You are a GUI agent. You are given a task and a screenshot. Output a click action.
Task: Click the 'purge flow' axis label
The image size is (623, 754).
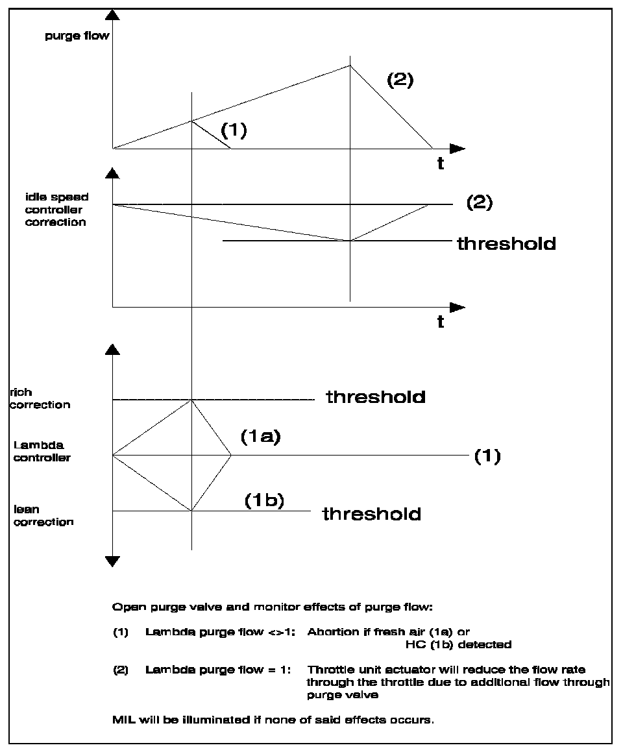tap(77, 36)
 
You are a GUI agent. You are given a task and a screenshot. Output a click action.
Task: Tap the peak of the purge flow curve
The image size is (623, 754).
tap(350, 65)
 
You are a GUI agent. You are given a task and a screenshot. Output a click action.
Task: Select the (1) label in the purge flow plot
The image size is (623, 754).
tap(234, 130)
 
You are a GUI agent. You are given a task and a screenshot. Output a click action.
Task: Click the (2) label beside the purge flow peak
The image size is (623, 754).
tap(400, 80)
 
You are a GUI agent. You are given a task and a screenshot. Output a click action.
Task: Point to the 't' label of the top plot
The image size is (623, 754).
tap(441, 164)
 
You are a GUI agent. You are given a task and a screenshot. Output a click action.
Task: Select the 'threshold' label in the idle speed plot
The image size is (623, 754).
tap(506, 244)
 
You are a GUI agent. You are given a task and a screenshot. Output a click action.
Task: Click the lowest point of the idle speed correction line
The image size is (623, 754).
tap(350, 241)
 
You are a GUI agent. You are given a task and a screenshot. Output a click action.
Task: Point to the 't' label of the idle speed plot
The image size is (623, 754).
tap(441, 322)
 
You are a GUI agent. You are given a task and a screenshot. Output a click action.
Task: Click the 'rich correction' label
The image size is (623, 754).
tap(40, 398)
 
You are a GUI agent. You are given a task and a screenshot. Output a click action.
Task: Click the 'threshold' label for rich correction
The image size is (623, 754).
tap(376, 396)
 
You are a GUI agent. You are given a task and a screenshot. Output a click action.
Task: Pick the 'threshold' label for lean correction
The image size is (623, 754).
tap(372, 514)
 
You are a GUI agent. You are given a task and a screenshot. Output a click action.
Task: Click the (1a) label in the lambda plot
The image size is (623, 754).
tap(260, 438)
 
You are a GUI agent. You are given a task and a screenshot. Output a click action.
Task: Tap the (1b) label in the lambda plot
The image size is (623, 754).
tap(264, 501)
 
